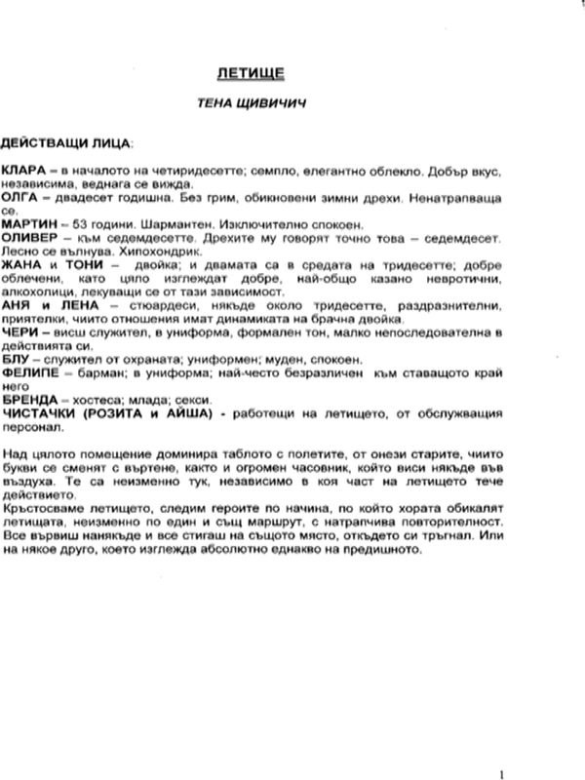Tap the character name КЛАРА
click(21, 170)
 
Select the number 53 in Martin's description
click(70, 224)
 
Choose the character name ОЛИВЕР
click(27, 238)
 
